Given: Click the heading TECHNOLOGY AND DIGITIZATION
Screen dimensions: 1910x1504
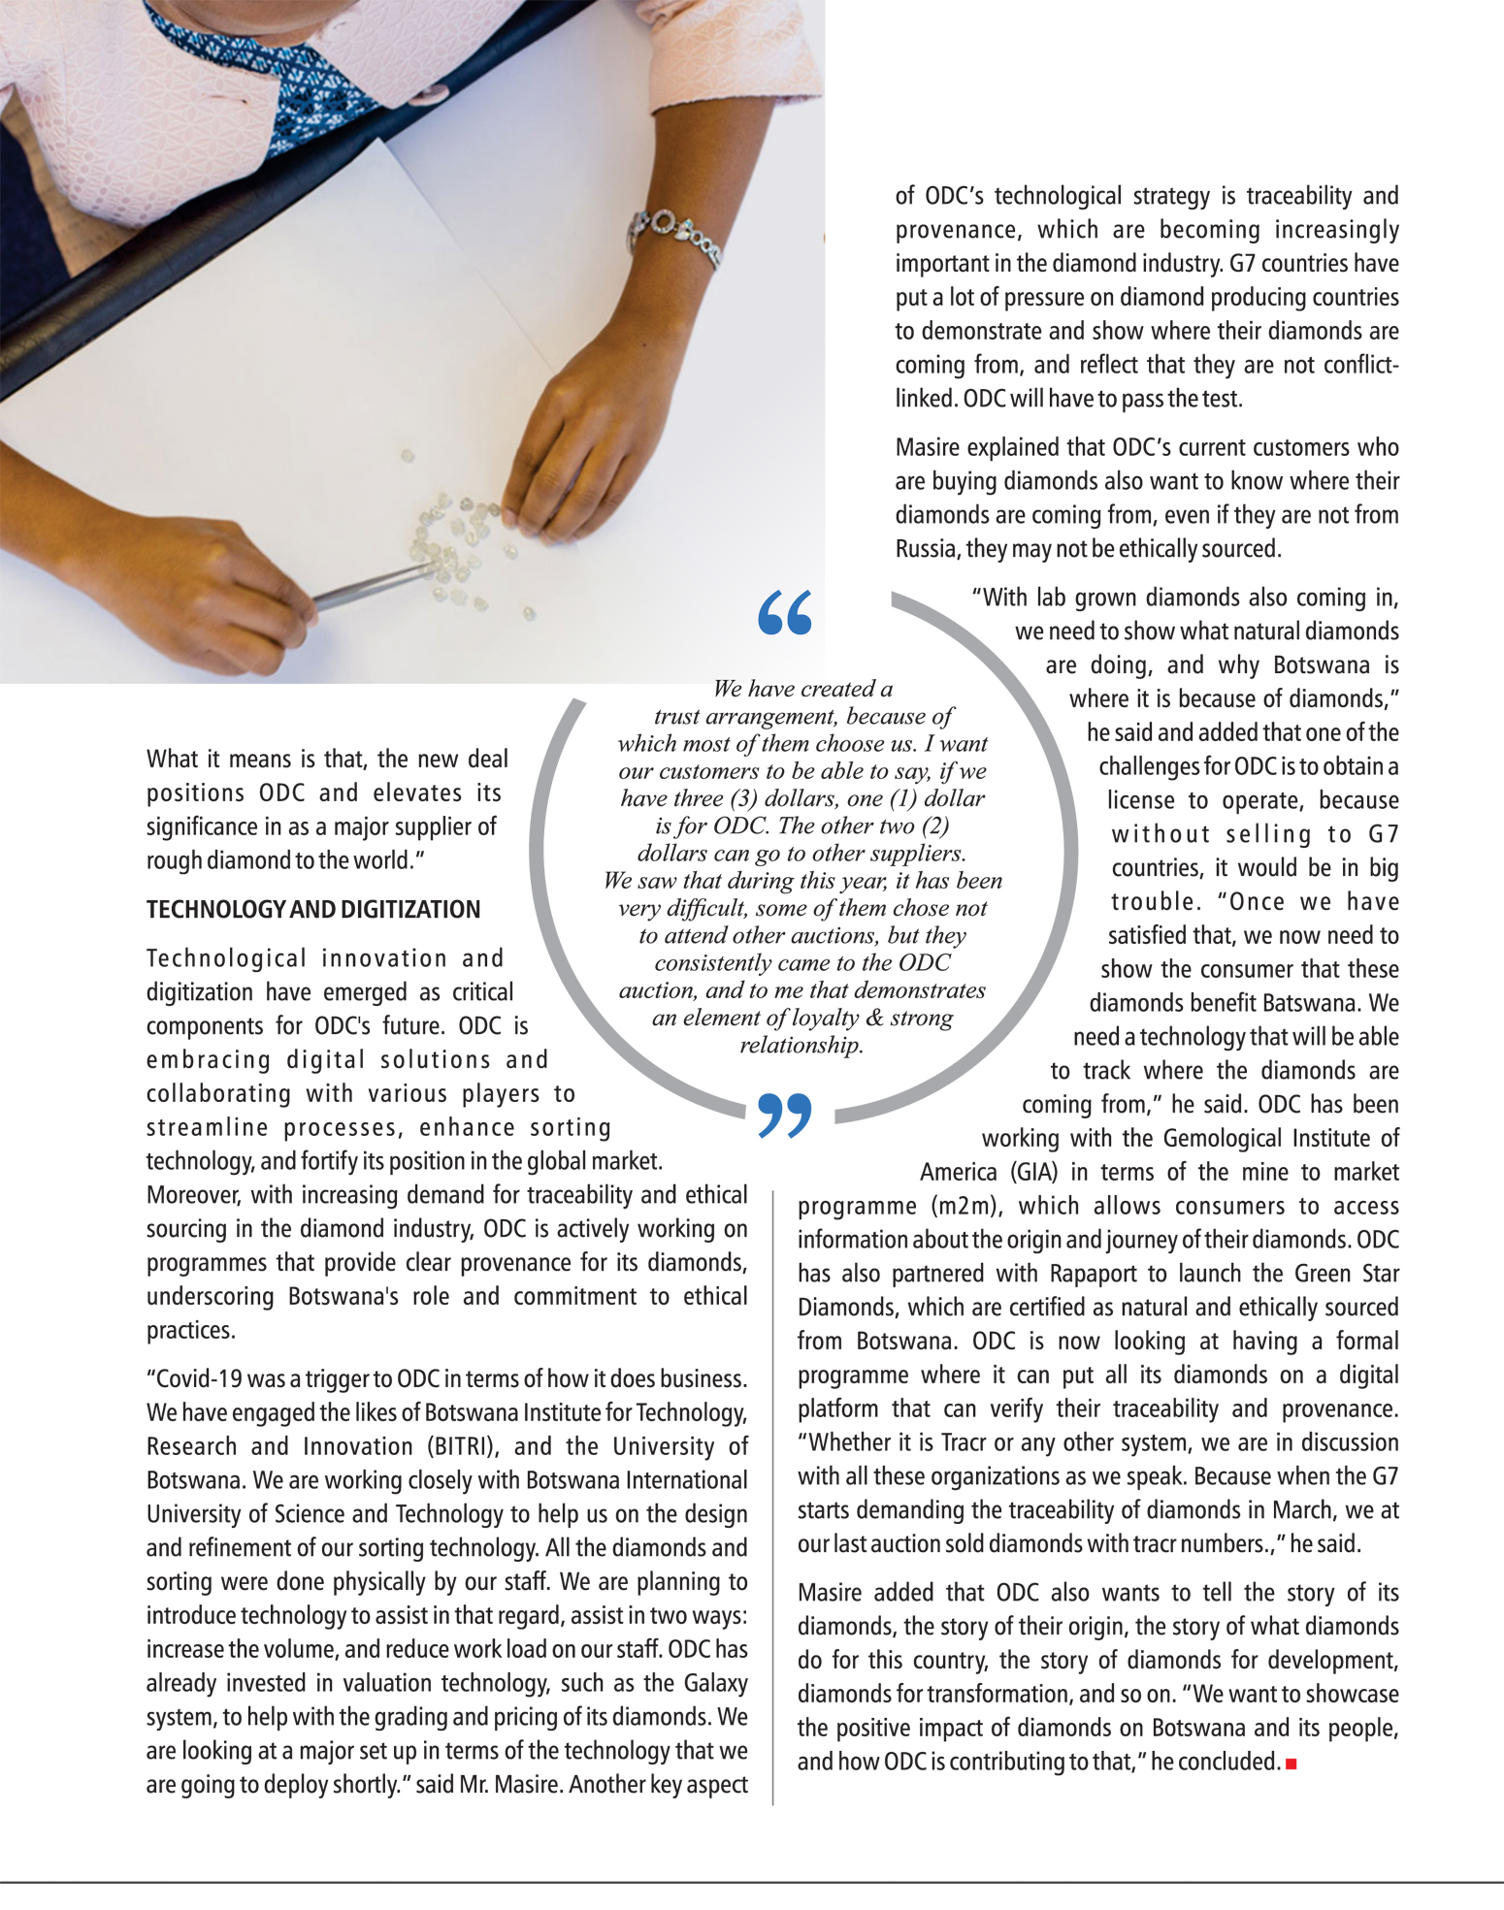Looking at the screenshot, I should pos(313,910).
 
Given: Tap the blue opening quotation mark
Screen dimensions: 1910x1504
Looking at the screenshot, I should pos(784,612).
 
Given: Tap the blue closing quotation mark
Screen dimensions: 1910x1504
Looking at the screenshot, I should pos(784,1116).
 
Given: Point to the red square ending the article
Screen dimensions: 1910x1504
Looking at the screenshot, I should pos(1291,1764).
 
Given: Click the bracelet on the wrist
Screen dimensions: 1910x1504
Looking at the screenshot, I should pos(678,236).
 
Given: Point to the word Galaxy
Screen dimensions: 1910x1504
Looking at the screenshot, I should pos(715,1683).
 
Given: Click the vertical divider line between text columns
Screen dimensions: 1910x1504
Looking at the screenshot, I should pos(773,1494).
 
